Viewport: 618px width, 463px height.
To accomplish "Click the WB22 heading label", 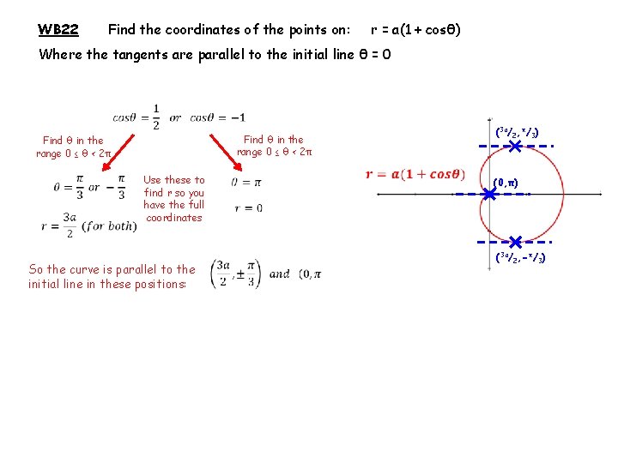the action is (x=58, y=30).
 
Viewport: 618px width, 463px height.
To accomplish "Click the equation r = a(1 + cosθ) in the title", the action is (x=415, y=30).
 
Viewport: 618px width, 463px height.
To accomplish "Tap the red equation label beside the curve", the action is (x=413, y=175).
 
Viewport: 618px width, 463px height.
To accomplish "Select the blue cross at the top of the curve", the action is (x=513, y=147).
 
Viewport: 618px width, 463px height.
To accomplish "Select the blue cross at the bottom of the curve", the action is (x=513, y=242).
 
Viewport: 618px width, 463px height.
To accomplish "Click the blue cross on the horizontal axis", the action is (x=488, y=195).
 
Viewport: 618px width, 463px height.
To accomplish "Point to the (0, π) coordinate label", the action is (x=506, y=182).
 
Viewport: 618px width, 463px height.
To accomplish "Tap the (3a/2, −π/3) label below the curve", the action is (x=523, y=257).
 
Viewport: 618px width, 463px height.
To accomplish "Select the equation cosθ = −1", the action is (x=217, y=117).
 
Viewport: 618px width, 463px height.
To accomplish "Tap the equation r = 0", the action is (x=248, y=207).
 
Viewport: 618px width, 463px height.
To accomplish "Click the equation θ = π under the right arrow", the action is (x=246, y=182).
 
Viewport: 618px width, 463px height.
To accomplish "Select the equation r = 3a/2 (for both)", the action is (x=89, y=226).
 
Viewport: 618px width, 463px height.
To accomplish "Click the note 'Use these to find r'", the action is (x=173, y=198).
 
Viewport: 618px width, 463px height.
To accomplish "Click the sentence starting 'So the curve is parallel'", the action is (x=112, y=276).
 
